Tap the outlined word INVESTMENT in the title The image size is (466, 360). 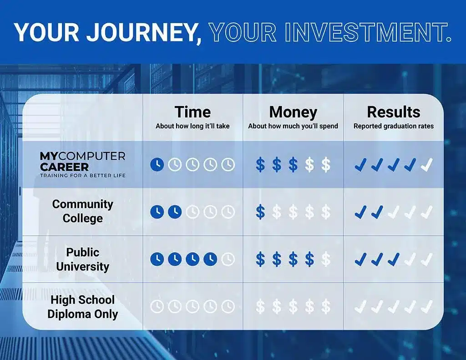coord(368,32)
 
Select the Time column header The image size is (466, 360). coord(192,112)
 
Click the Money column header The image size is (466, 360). coord(293,112)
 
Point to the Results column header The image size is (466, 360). coord(394,112)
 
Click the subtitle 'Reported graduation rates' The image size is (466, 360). coord(394,126)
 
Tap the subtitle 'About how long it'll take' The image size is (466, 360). coord(192,126)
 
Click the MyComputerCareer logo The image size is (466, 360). coord(83,164)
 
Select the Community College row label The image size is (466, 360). coord(83,211)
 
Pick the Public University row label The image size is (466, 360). coord(83,259)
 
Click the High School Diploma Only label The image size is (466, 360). coord(83,307)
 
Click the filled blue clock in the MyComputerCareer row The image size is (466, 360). coord(157,164)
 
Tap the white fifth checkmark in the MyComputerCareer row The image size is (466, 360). coord(427,165)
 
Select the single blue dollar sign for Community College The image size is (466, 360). coord(260,212)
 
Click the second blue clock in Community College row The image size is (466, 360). coord(175,212)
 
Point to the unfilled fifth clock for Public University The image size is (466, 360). coord(228,259)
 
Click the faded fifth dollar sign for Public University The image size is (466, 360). coord(326,259)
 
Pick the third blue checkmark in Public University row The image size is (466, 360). coord(394,259)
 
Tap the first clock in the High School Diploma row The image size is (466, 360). coord(157,306)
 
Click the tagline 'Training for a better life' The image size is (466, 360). coord(83,175)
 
